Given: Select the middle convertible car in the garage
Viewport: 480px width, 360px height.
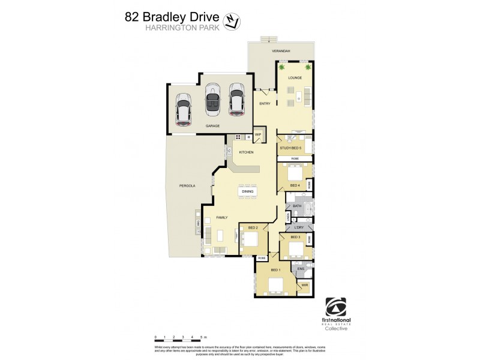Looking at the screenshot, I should point(212,98).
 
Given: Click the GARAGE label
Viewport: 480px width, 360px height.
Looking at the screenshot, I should point(212,126).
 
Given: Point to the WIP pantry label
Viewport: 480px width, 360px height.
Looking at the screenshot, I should point(259,135).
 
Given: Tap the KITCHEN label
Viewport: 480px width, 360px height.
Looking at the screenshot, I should point(247,152).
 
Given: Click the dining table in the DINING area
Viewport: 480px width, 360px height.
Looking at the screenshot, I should point(247,192).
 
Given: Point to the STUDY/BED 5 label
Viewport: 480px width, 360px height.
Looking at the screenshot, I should point(290,146).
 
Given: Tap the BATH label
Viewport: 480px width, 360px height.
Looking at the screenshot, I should point(296,206).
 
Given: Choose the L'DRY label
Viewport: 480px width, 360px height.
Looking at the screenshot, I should point(298,228).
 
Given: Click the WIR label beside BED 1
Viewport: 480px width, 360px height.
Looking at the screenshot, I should point(304,285).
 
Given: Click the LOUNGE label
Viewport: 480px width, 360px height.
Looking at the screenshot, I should point(294,79).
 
